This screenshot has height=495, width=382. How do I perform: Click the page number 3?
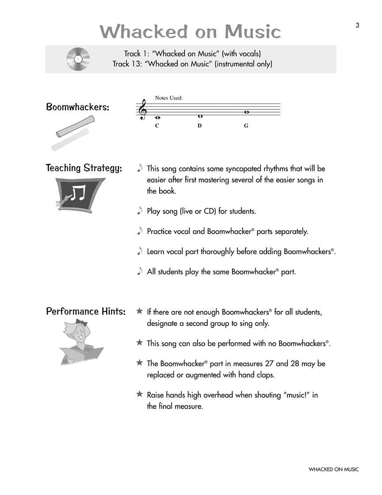[x=357, y=25]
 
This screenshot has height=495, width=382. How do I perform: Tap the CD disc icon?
[x=78, y=58]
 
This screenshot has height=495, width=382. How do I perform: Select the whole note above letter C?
[x=157, y=118]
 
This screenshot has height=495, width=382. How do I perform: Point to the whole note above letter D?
[x=200, y=116]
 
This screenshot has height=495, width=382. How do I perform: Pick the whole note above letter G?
[x=246, y=112]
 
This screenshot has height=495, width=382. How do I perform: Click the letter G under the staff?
[x=246, y=126]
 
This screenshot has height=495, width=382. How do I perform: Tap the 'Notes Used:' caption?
[x=169, y=98]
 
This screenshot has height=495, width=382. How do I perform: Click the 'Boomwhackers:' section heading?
[x=78, y=108]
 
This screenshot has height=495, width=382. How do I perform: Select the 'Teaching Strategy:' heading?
[x=84, y=168]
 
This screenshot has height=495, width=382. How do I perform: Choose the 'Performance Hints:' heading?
[x=86, y=311]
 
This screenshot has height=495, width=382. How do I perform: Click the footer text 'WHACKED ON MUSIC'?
[x=334, y=469]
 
